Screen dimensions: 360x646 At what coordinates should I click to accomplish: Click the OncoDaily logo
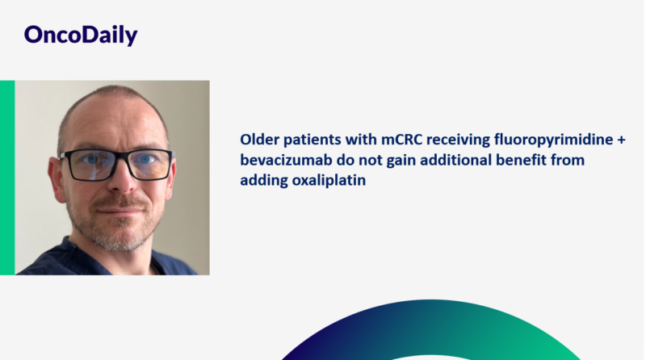80,35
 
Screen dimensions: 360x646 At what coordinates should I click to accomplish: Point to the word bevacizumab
283,160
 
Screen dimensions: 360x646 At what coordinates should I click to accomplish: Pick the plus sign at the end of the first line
621,140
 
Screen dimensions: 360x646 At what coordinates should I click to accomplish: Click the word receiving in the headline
466,140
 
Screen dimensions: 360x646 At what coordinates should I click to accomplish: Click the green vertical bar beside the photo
7,178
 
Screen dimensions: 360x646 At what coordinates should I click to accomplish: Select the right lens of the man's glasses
149,164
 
